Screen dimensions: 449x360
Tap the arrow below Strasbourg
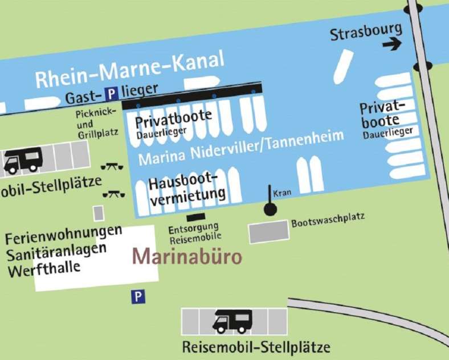pos(392,44)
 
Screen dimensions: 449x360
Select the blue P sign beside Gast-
pos(113,93)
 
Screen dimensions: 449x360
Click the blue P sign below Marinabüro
pos(137,296)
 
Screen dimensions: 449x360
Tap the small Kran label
pos(282,193)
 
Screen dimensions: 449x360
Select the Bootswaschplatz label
pos(328,219)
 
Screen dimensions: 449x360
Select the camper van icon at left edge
pos(23,159)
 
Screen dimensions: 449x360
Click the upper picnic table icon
pos(109,167)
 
